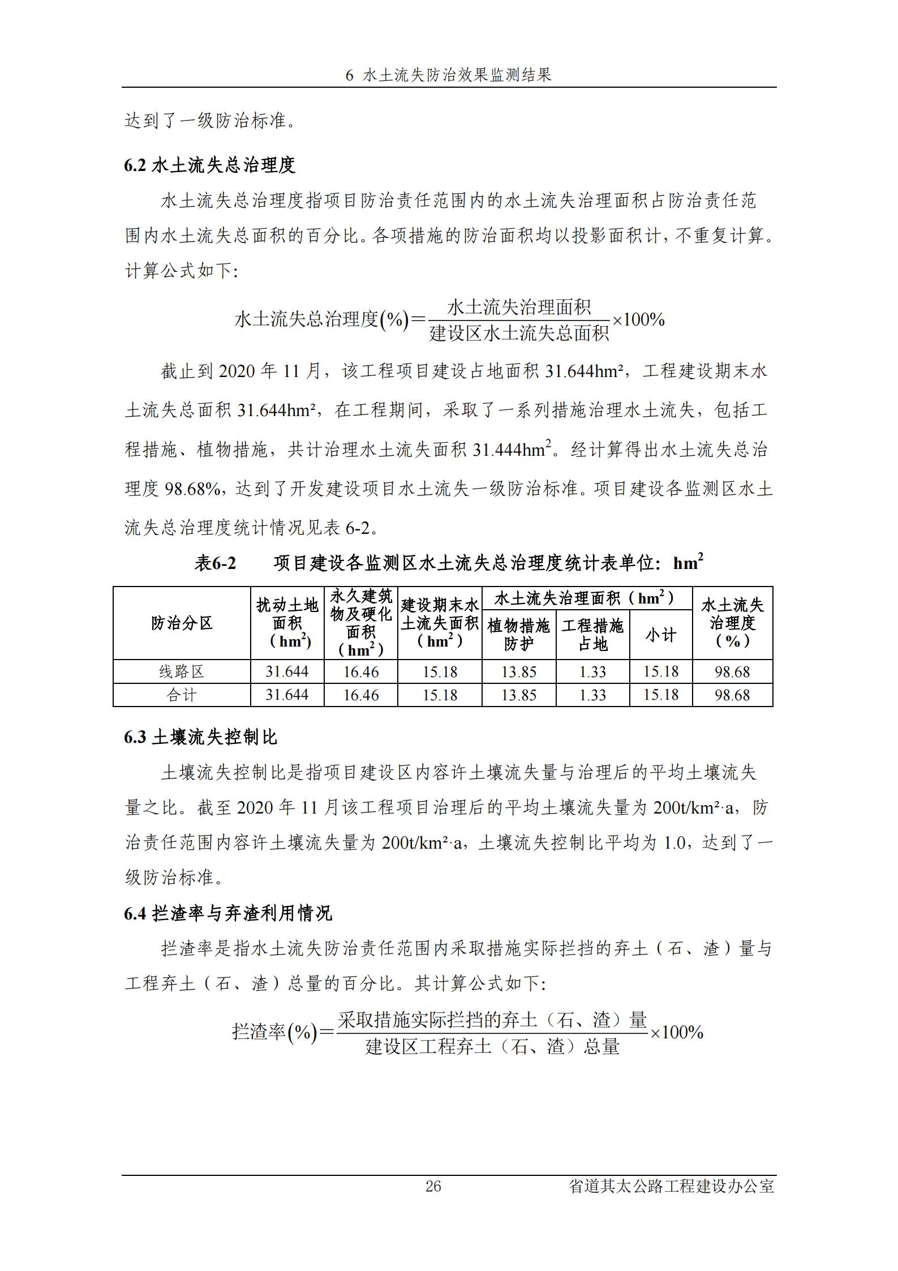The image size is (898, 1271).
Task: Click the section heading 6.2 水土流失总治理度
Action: pyautogui.click(x=210, y=165)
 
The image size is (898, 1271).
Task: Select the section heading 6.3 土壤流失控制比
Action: pyautogui.click(x=201, y=737)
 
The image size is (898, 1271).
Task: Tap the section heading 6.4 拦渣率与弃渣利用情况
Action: pyautogui.click(x=228, y=913)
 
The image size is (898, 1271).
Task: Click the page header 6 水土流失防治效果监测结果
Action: pyautogui.click(x=448, y=75)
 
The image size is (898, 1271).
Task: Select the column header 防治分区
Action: pyautogui.click(x=182, y=623)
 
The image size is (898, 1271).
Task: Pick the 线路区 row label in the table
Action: pyautogui.click(x=182, y=672)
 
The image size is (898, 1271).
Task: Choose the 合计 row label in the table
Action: pyautogui.click(x=182, y=695)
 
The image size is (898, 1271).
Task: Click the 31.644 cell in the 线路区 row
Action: pyautogui.click(x=287, y=672)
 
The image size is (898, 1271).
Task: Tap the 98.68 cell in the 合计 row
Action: pyautogui.click(x=732, y=695)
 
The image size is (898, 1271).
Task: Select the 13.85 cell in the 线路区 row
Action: pyautogui.click(x=518, y=672)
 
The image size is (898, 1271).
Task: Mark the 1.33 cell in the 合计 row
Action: pyautogui.click(x=592, y=695)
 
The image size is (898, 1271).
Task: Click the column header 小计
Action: pyautogui.click(x=660, y=635)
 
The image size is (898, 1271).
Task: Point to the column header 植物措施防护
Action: pyautogui.click(x=518, y=635)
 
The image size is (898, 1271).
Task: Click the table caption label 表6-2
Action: pyautogui.click(x=215, y=563)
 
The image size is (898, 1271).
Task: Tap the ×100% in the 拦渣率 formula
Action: pyautogui.click(x=676, y=1033)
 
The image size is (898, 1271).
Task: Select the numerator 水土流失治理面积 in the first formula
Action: pyautogui.click(x=519, y=307)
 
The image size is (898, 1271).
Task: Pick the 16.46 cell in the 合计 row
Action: pyautogui.click(x=360, y=695)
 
